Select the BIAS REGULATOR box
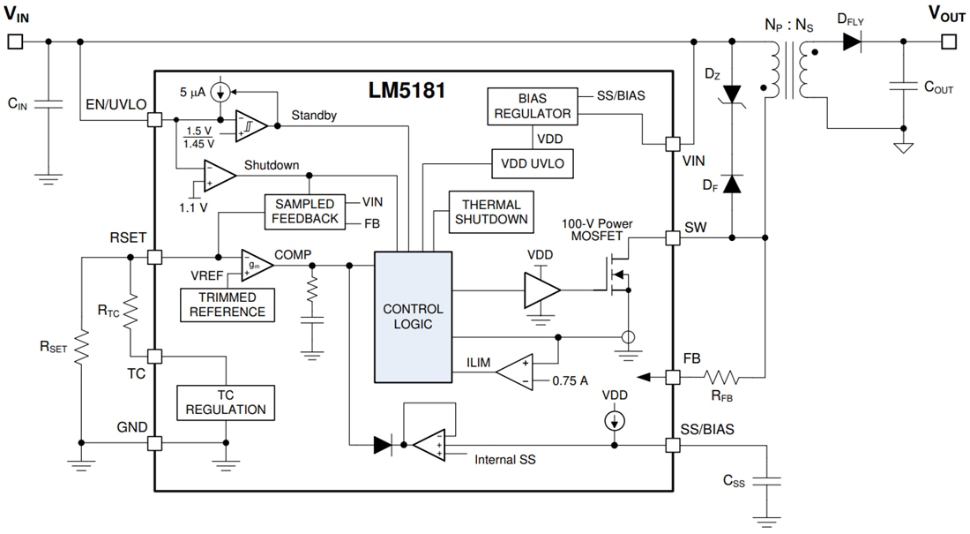[532, 105]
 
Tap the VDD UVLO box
[532, 163]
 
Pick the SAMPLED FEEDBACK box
[303, 211]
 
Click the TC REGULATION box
[225, 402]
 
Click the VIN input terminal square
[14, 41]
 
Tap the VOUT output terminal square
[948, 41]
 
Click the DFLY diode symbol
[852, 41]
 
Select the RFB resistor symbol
[722, 378]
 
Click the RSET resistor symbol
[80, 347]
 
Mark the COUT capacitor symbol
[903, 86]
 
